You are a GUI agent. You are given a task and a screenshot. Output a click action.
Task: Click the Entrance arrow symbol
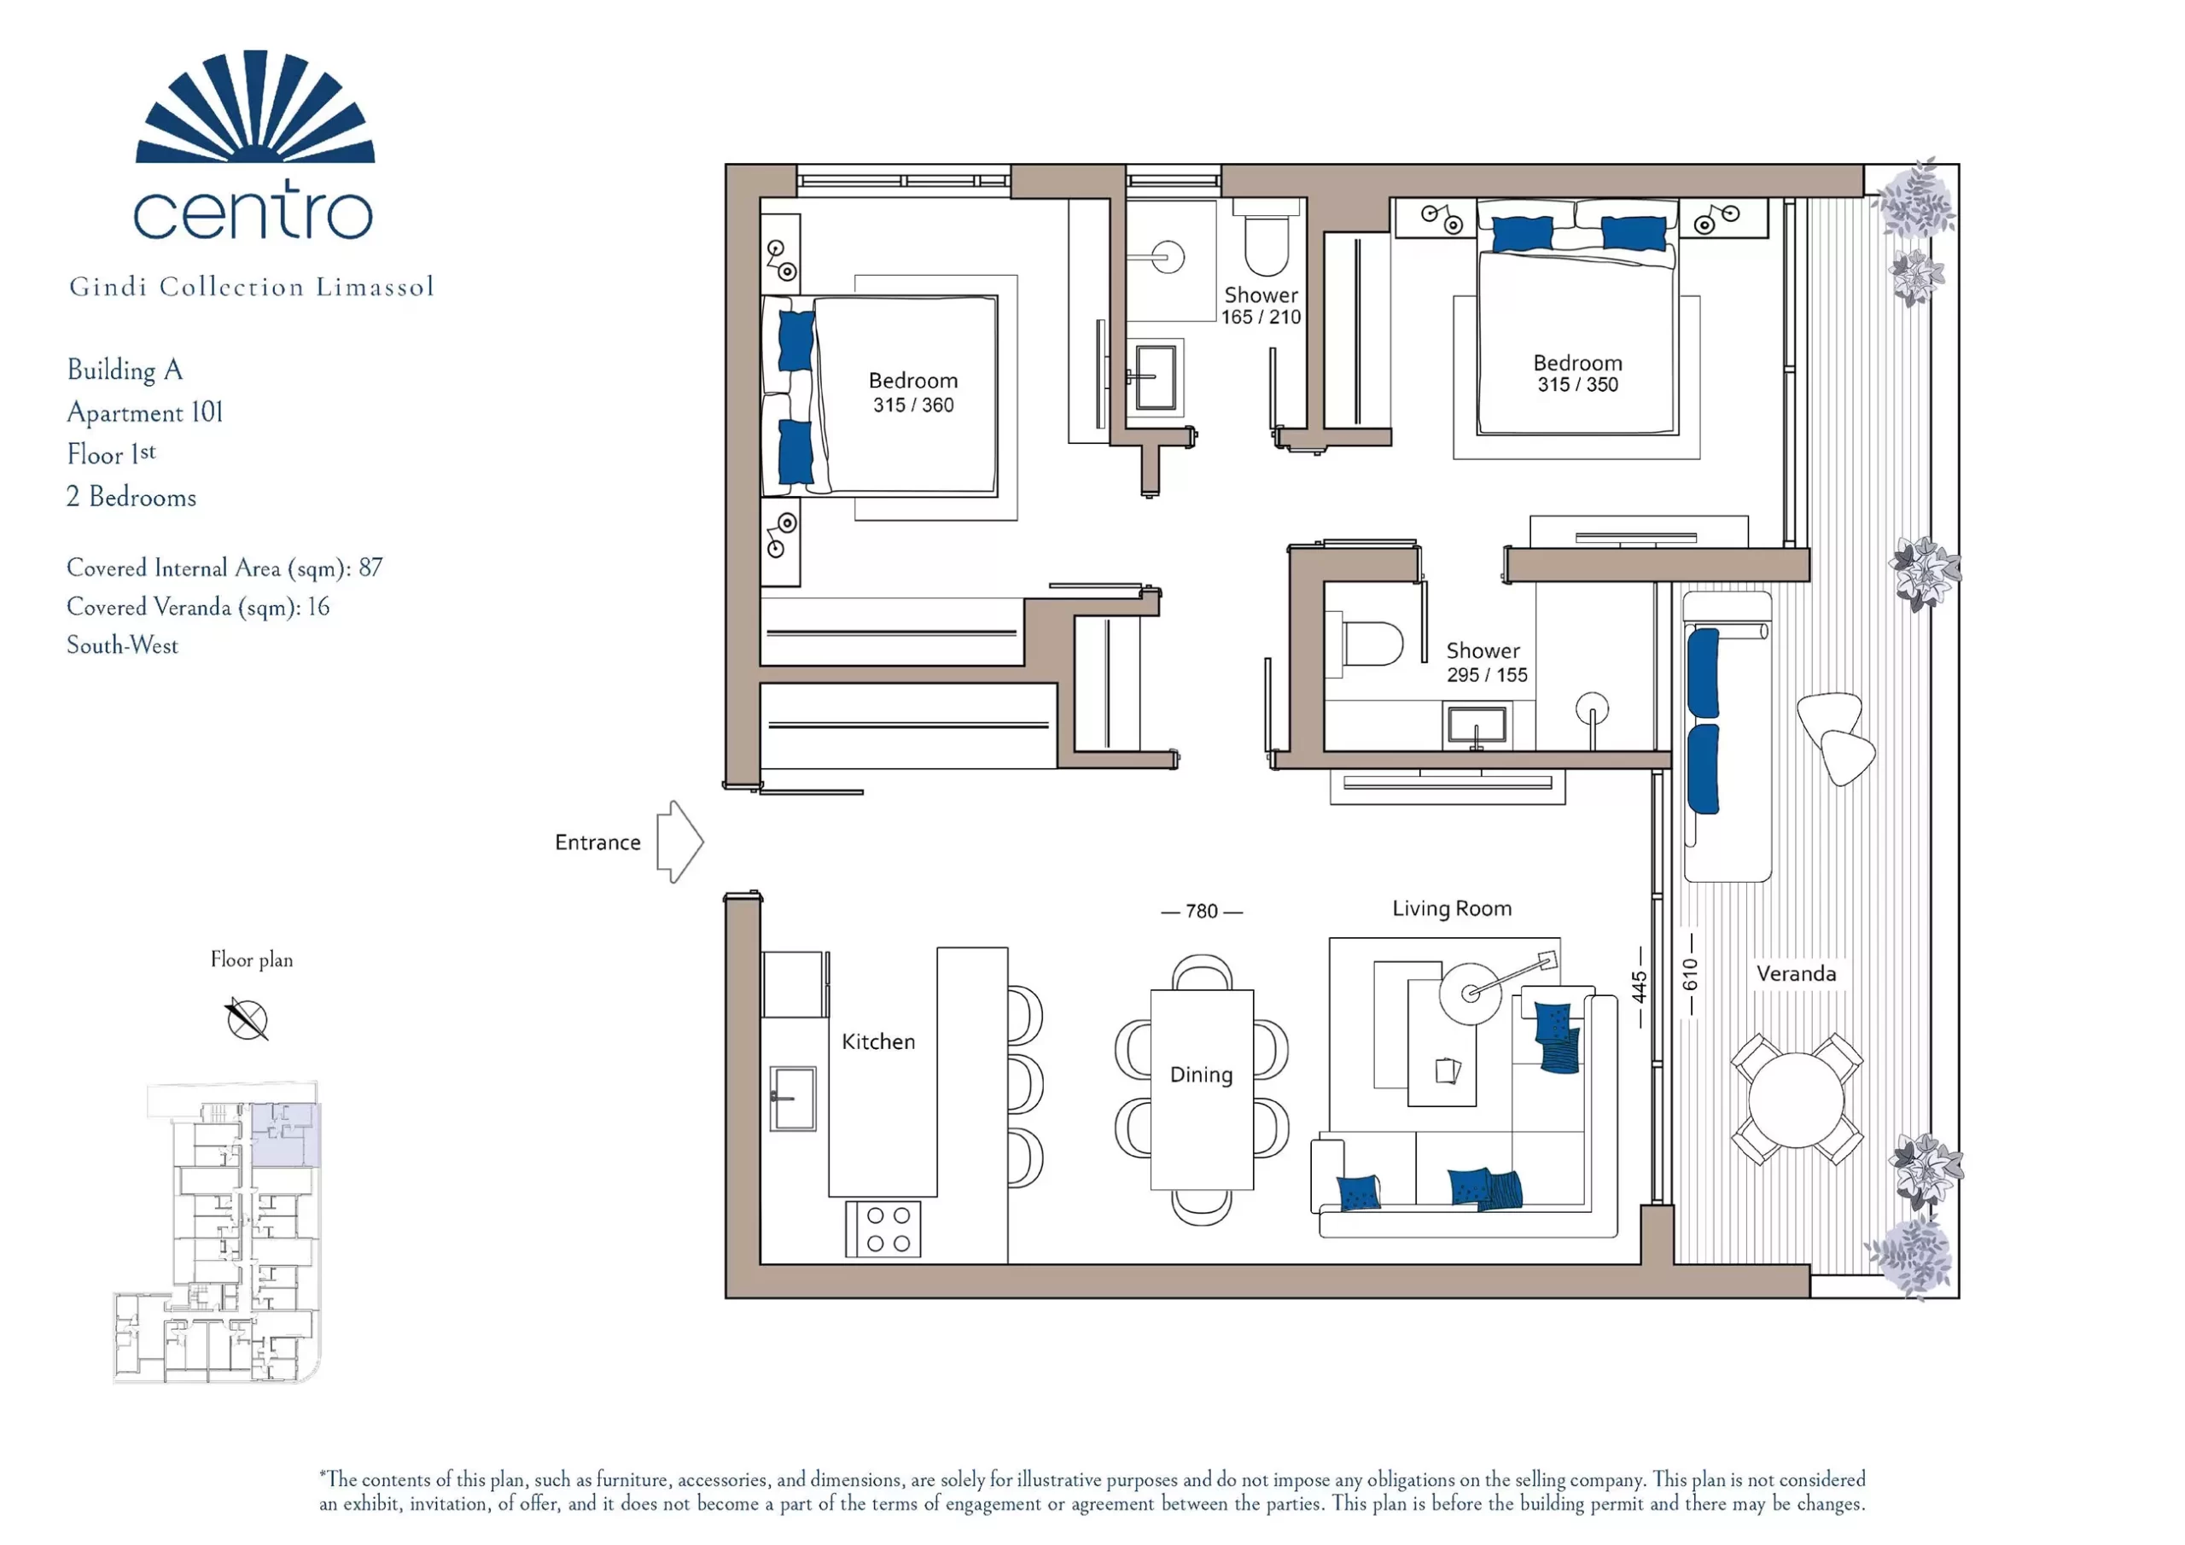[679, 842]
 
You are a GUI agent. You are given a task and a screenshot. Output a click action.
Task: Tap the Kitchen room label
[878, 1041]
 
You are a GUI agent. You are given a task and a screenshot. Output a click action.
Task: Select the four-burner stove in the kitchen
[883, 1229]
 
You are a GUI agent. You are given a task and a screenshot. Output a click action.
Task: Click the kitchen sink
[793, 1098]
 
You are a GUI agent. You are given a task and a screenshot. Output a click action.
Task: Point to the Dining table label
[1201, 1075]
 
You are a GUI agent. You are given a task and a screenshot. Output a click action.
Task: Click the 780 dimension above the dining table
[1202, 911]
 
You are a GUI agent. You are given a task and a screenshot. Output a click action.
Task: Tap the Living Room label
[1451, 908]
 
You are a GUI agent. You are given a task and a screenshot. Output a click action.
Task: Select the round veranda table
[1796, 1099]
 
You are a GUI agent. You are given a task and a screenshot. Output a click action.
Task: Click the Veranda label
[1796, 973]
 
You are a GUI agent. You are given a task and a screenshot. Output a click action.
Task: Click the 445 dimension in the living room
[1640, 987]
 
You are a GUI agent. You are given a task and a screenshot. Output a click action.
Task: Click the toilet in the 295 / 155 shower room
[1365, 644]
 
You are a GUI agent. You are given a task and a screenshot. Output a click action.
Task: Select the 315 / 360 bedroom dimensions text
[913, 405]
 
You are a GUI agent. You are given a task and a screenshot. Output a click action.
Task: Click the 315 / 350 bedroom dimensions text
[1578, 385]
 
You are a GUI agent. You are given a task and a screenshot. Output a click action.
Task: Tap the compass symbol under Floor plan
[248, 1019]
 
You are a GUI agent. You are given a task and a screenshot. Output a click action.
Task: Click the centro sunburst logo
[255, 106]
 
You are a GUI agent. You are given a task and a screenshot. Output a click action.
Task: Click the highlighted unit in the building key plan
[284, 1134]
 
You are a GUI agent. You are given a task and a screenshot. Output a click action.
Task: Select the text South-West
[122, 645]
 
